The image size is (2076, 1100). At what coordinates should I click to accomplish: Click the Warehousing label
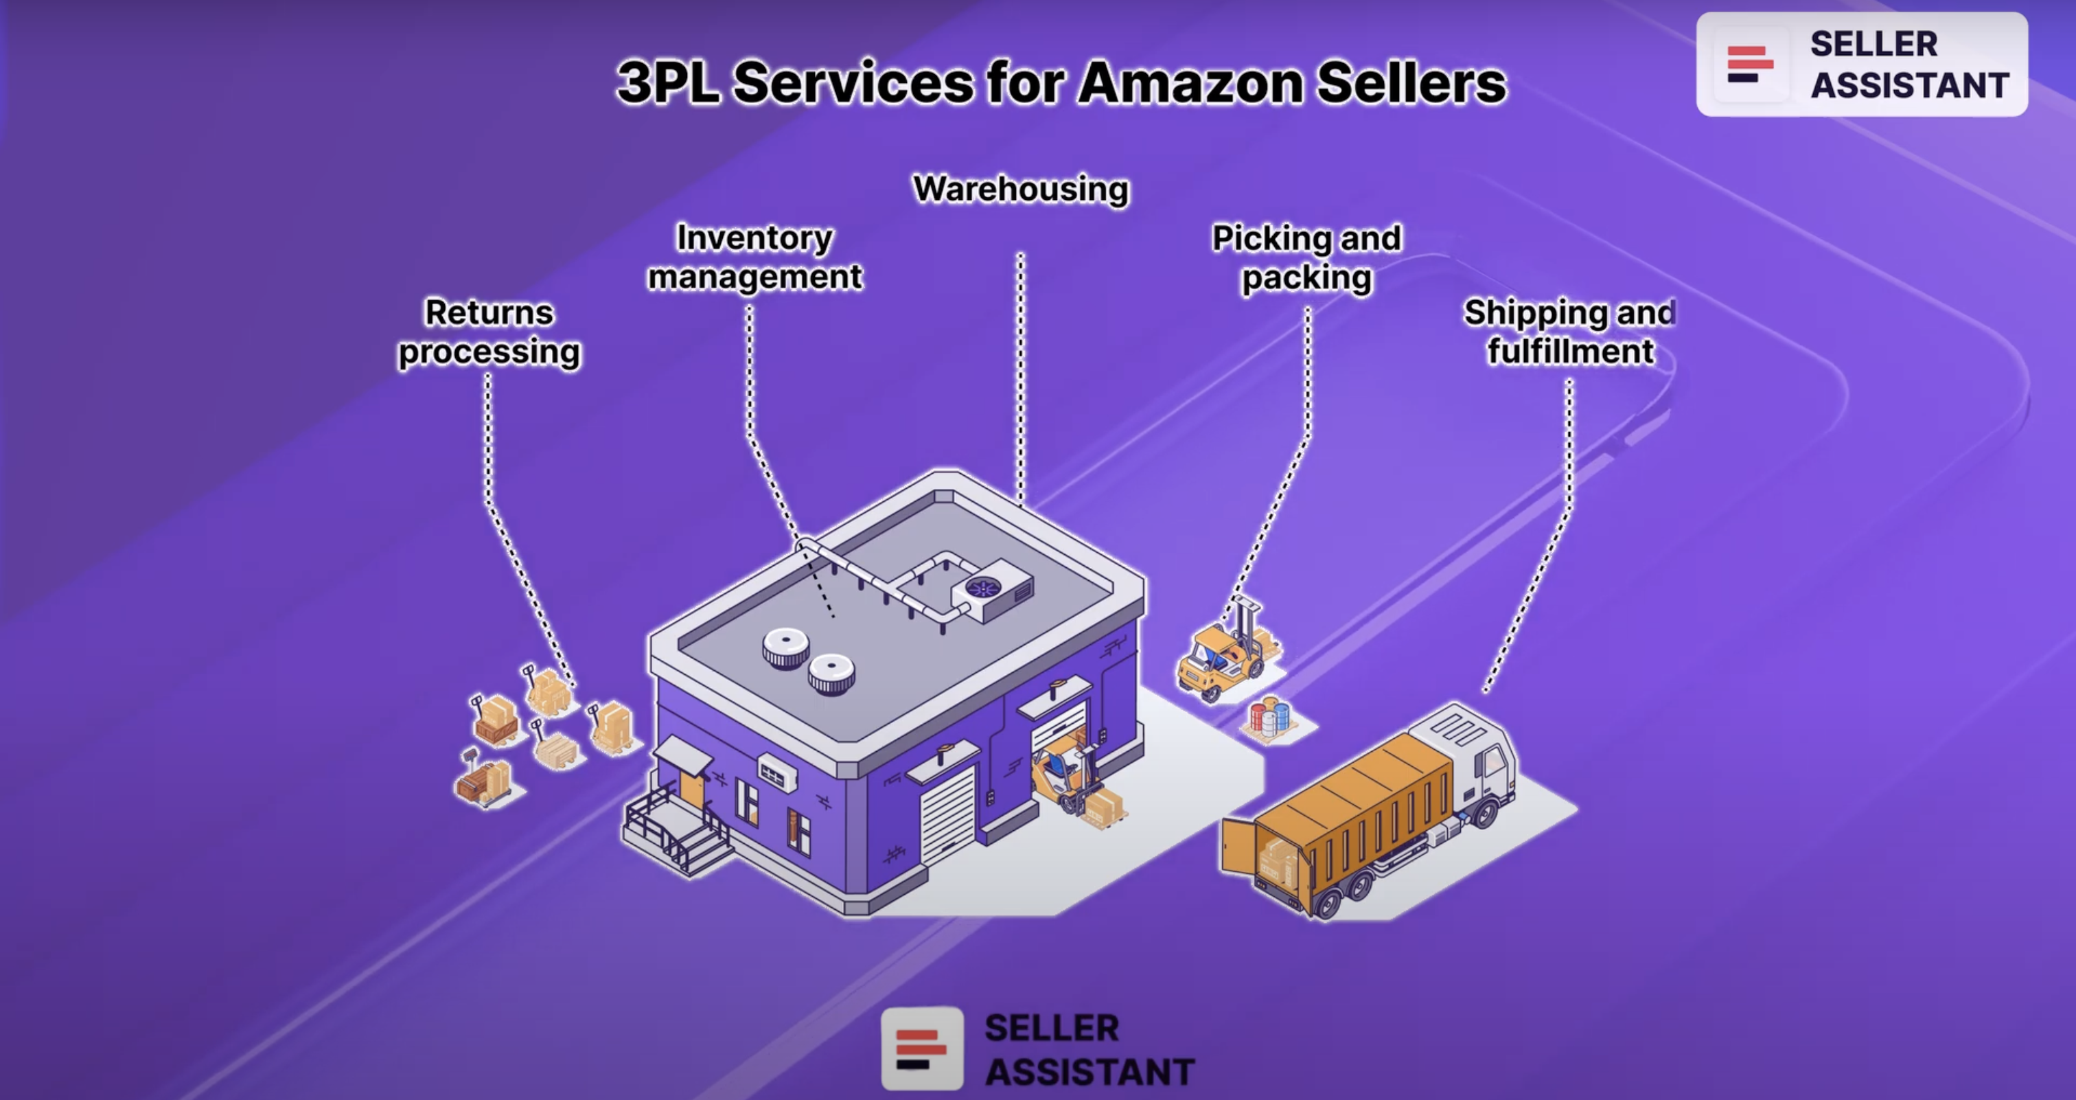pos(1020,190)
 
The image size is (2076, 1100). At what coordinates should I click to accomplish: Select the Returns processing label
pos(489,332)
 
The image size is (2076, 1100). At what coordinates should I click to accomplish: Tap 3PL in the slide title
pos(667,82)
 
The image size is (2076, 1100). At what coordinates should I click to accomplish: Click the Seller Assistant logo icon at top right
pos(1749,65)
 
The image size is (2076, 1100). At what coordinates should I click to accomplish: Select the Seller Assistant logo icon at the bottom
pos(922,1049)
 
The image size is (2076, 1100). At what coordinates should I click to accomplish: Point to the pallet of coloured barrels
pos(1269,718)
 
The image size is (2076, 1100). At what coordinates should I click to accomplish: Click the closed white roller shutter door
pos(948,814)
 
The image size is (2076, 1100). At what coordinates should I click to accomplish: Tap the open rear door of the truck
pos(1238,846)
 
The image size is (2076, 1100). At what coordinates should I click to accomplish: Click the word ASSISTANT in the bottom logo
pos(1089,1072)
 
